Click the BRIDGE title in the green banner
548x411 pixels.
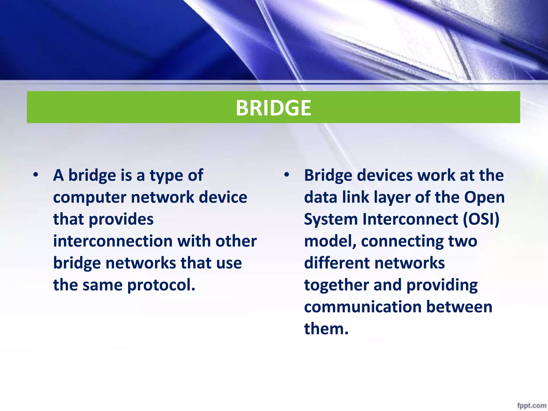coord(273,108)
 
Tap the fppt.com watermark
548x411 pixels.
coord(531,405)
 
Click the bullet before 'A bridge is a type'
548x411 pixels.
coord(36,175)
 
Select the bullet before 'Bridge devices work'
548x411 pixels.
coord(287,175)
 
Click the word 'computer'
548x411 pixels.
coord(89,197)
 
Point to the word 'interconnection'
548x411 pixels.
coord(113,241)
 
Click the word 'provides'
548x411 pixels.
coord(121,219)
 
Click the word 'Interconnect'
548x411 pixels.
coord(410,219)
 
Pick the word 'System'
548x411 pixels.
coord(331,219)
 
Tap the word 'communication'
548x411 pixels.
coord(362,307)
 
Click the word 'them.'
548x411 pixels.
coord(326,329)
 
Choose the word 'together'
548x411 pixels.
coord(336,285)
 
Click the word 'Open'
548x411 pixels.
coord(484,197)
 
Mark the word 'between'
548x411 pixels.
coord(459,307)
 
